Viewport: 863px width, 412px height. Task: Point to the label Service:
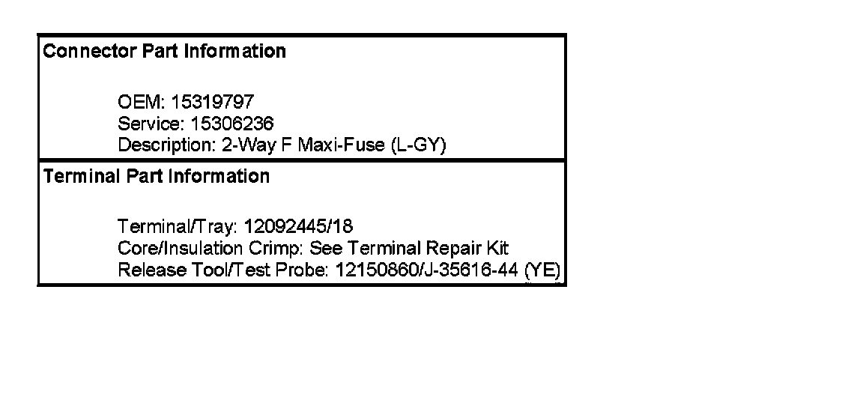(147, 124)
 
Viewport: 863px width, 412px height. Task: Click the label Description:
(166, 145)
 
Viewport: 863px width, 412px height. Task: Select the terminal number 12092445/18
(299, 226)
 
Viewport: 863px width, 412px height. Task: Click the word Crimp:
(269, 248)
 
